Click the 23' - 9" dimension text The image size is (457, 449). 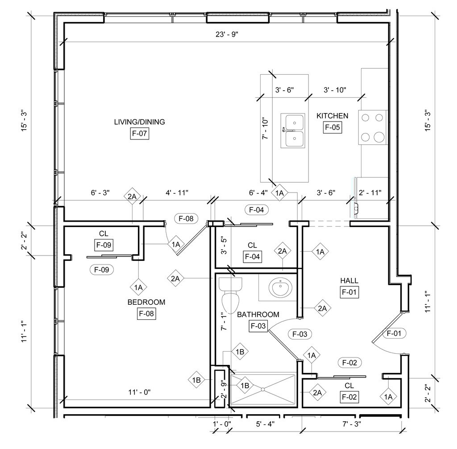(227, 34)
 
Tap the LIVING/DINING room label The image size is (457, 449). (139, 122)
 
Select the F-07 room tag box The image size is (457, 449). (139, 133)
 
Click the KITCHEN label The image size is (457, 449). (332, 116)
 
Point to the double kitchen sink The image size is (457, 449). (293, 131)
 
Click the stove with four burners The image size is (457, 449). (373, 127)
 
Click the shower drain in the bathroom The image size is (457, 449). (262, 389)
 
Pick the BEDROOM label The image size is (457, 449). (146, 302)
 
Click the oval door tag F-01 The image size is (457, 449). (394, 333)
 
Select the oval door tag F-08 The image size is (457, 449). (186, 218)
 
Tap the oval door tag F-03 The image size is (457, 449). (299, 334)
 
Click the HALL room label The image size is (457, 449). (349, 281)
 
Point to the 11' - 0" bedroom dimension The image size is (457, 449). (139, 392)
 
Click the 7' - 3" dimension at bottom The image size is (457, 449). (352, 424)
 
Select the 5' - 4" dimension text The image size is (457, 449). (265, 424)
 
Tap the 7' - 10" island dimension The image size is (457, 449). (265, 128)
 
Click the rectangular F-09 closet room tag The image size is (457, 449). (104, 245)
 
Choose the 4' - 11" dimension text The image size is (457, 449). (177, 193)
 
